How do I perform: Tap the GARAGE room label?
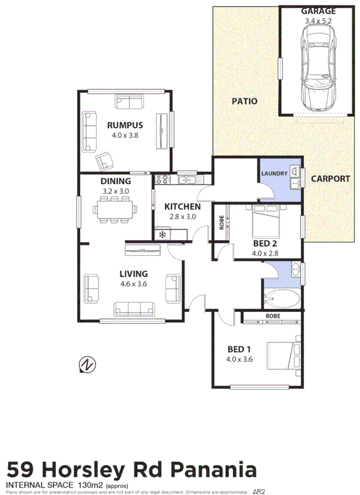click(318, 11)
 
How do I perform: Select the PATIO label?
click(244, 101)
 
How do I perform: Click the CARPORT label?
click(331, 178)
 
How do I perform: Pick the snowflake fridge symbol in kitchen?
click(162, 234)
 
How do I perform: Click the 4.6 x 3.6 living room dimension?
click(134, 284)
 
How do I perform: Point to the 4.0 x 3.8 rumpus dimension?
click(125, 136)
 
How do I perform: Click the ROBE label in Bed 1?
click(273, 316)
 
